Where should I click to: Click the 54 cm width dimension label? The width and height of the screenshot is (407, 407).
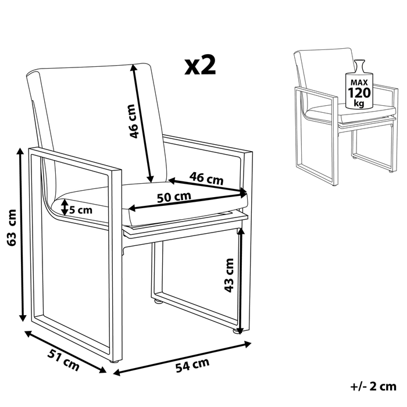pyautogui.click(x=192, y=365)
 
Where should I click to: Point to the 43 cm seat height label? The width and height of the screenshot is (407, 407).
pyautogui.click(x=229, y=275)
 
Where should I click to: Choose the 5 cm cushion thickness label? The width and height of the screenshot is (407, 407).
pyautogui.click(x=80, y=209)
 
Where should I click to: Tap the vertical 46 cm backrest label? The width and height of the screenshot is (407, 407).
pyautogui.click(x=133, y=121)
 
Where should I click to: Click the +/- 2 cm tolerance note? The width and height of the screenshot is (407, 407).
pyautogui.click(x=374, y=385)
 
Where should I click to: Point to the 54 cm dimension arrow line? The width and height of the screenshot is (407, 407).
pyautogui.click(x=180, y=356)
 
